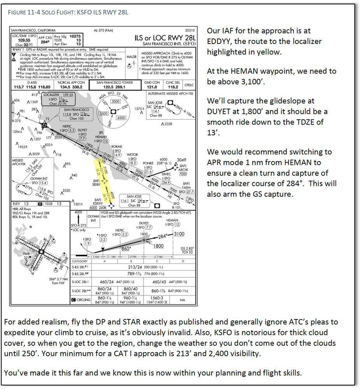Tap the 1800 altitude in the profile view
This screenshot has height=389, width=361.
pyautogui.click(x=158, y=246)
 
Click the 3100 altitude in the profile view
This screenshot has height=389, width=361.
pyautogui.click(x=179, y=234)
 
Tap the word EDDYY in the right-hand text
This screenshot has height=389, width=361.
pyautogui.click(x=221, y=41)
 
